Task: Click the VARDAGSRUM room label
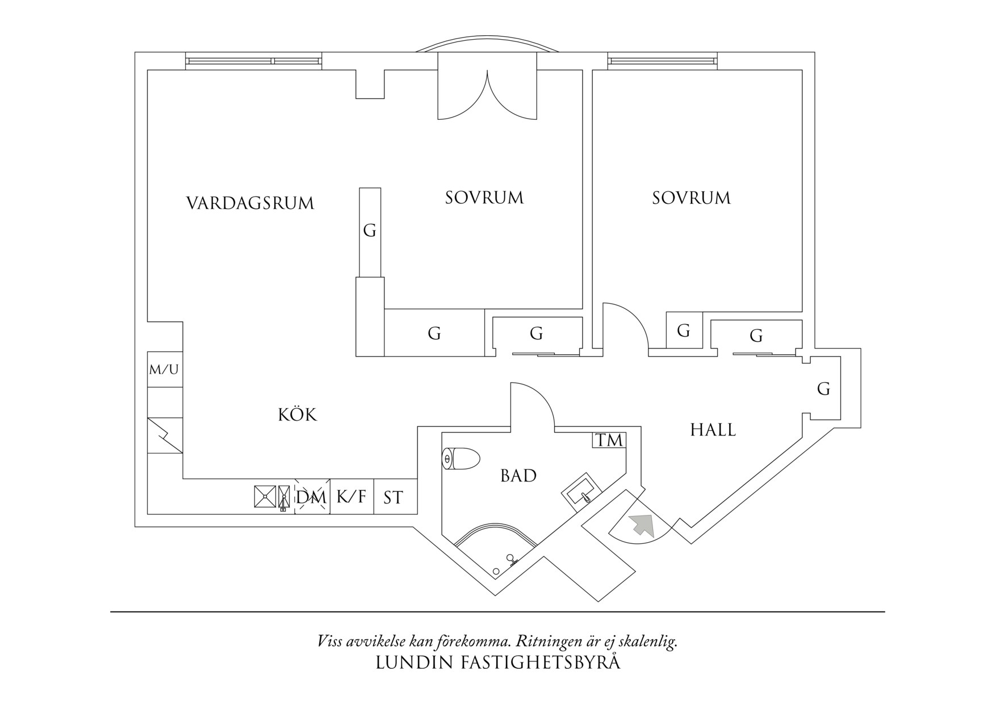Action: tap(250, 203)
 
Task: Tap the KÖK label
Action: tap(298, 415)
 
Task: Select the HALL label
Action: tap(713, 430)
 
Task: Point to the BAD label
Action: tap(518, 476)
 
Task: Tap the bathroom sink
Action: tap(580, 493)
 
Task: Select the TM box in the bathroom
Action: tap(609, 440)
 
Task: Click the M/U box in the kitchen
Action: tap(164, 370)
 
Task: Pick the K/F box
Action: tap(351, 497)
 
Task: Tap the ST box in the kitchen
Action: tap(393, 498)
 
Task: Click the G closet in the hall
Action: tap(823, 389)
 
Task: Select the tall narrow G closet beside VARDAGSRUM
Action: tap(370, 231)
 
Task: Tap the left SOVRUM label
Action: tap(484, 198)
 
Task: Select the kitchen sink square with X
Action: tap(265, 496)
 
